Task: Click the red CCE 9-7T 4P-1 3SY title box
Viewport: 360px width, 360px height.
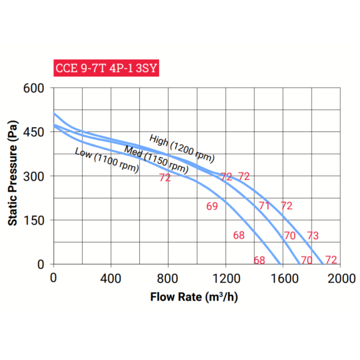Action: point(106,68)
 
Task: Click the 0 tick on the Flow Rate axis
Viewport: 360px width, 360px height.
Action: point(53,278)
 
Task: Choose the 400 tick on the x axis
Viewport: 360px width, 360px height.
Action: point(111,278)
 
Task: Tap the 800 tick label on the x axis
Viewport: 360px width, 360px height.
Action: point(169,278)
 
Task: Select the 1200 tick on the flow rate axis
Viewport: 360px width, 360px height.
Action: point(226,278)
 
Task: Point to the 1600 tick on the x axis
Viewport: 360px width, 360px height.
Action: point(283,278)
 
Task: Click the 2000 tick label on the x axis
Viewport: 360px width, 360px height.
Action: point(341,278)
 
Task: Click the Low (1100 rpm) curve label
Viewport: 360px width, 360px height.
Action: point(107,160)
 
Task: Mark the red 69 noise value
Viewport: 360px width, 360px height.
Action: point(212,206)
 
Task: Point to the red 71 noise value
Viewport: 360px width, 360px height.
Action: point(264,206)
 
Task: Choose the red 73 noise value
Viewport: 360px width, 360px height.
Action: point(313,235)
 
